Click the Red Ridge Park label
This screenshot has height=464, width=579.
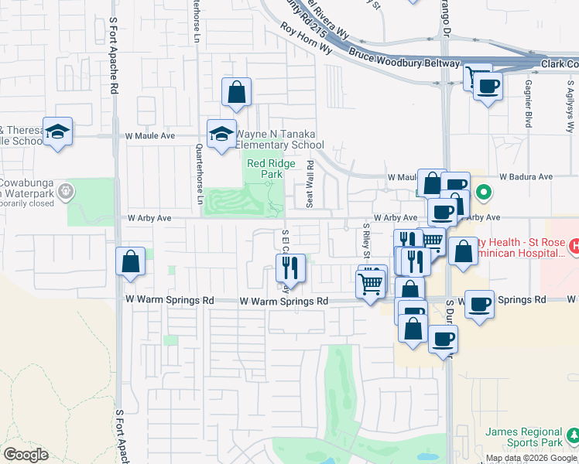(266, 169)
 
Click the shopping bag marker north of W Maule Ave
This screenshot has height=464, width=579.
(237, 92)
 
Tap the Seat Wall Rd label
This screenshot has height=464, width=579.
(310, 183)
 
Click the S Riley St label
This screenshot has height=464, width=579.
(367, 241)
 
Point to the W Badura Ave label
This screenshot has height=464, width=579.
(526, 176)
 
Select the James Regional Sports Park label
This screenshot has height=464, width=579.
(524, 437)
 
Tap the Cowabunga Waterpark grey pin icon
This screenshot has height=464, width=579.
(67, 189)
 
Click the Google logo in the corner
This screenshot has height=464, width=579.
(26, 455)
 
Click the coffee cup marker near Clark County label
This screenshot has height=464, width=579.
(487, 86)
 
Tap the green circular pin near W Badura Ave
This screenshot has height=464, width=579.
(484, 191)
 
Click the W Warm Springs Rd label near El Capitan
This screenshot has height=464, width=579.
(284, 301)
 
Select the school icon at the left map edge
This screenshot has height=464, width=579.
(57, 131)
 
